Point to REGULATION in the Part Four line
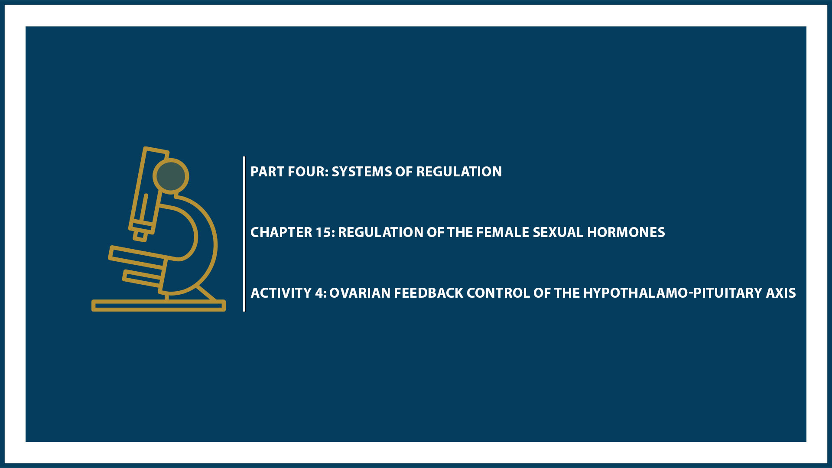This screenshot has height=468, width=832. [x=459, y=172]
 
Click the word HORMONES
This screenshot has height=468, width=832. [x=626, y=232]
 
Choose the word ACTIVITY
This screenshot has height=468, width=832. [x=281, y=293]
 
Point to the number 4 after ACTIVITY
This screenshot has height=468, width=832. [x=319, y=293]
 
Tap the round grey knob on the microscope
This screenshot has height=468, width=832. [x=171, y=176]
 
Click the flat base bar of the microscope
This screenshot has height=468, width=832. [x=159, y=305]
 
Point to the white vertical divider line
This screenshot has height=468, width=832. [x=244, y=234]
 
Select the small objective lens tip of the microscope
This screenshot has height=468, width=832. [x=140, y=235]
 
